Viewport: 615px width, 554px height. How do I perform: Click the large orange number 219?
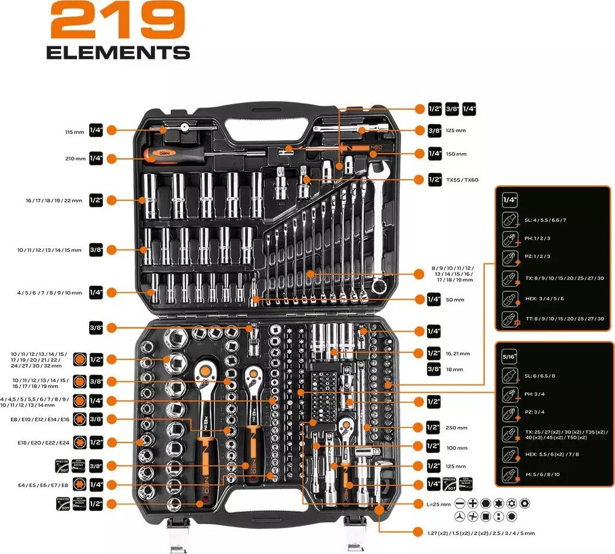click(118, 22)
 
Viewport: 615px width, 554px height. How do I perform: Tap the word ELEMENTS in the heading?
click(118, 53)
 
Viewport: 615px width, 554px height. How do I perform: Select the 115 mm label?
click(75, 132)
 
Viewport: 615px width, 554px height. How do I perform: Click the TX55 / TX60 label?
click(462, 180)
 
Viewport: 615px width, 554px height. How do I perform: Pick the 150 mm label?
click(456, 154)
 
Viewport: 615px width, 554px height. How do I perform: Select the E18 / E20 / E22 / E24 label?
click(44, 443)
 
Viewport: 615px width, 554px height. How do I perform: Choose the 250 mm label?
click(456, 428)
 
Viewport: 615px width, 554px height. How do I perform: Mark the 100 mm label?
click(456, 448)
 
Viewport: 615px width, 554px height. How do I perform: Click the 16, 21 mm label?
click(458, 353)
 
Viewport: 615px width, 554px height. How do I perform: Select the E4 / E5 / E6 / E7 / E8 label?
click(43, 484)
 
